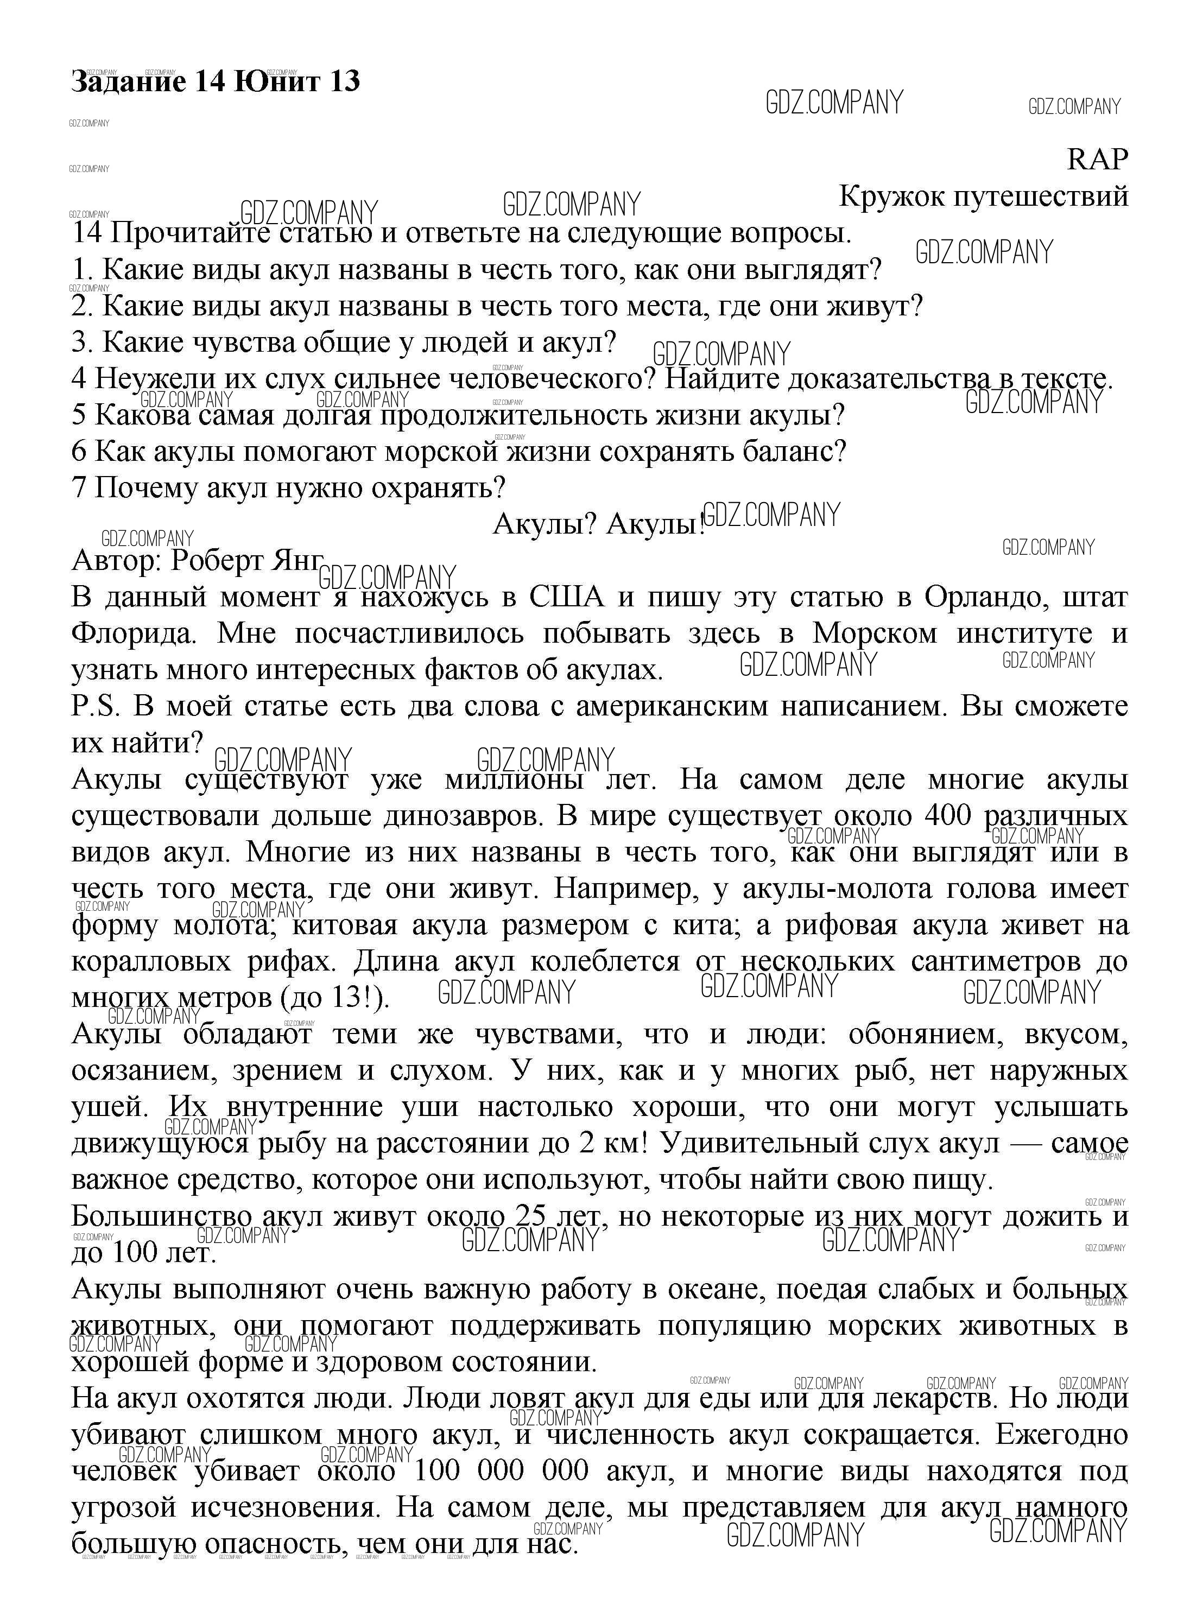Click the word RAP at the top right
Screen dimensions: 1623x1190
pyautogui.click(x=1097, y=159)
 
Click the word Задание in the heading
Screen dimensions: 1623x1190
pyautogui.click(x=127, y=81)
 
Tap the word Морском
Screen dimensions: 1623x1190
pyautogui.click(x=875, y=633)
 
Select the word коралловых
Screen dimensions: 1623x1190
pyautogui.click(x=149, y=961)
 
